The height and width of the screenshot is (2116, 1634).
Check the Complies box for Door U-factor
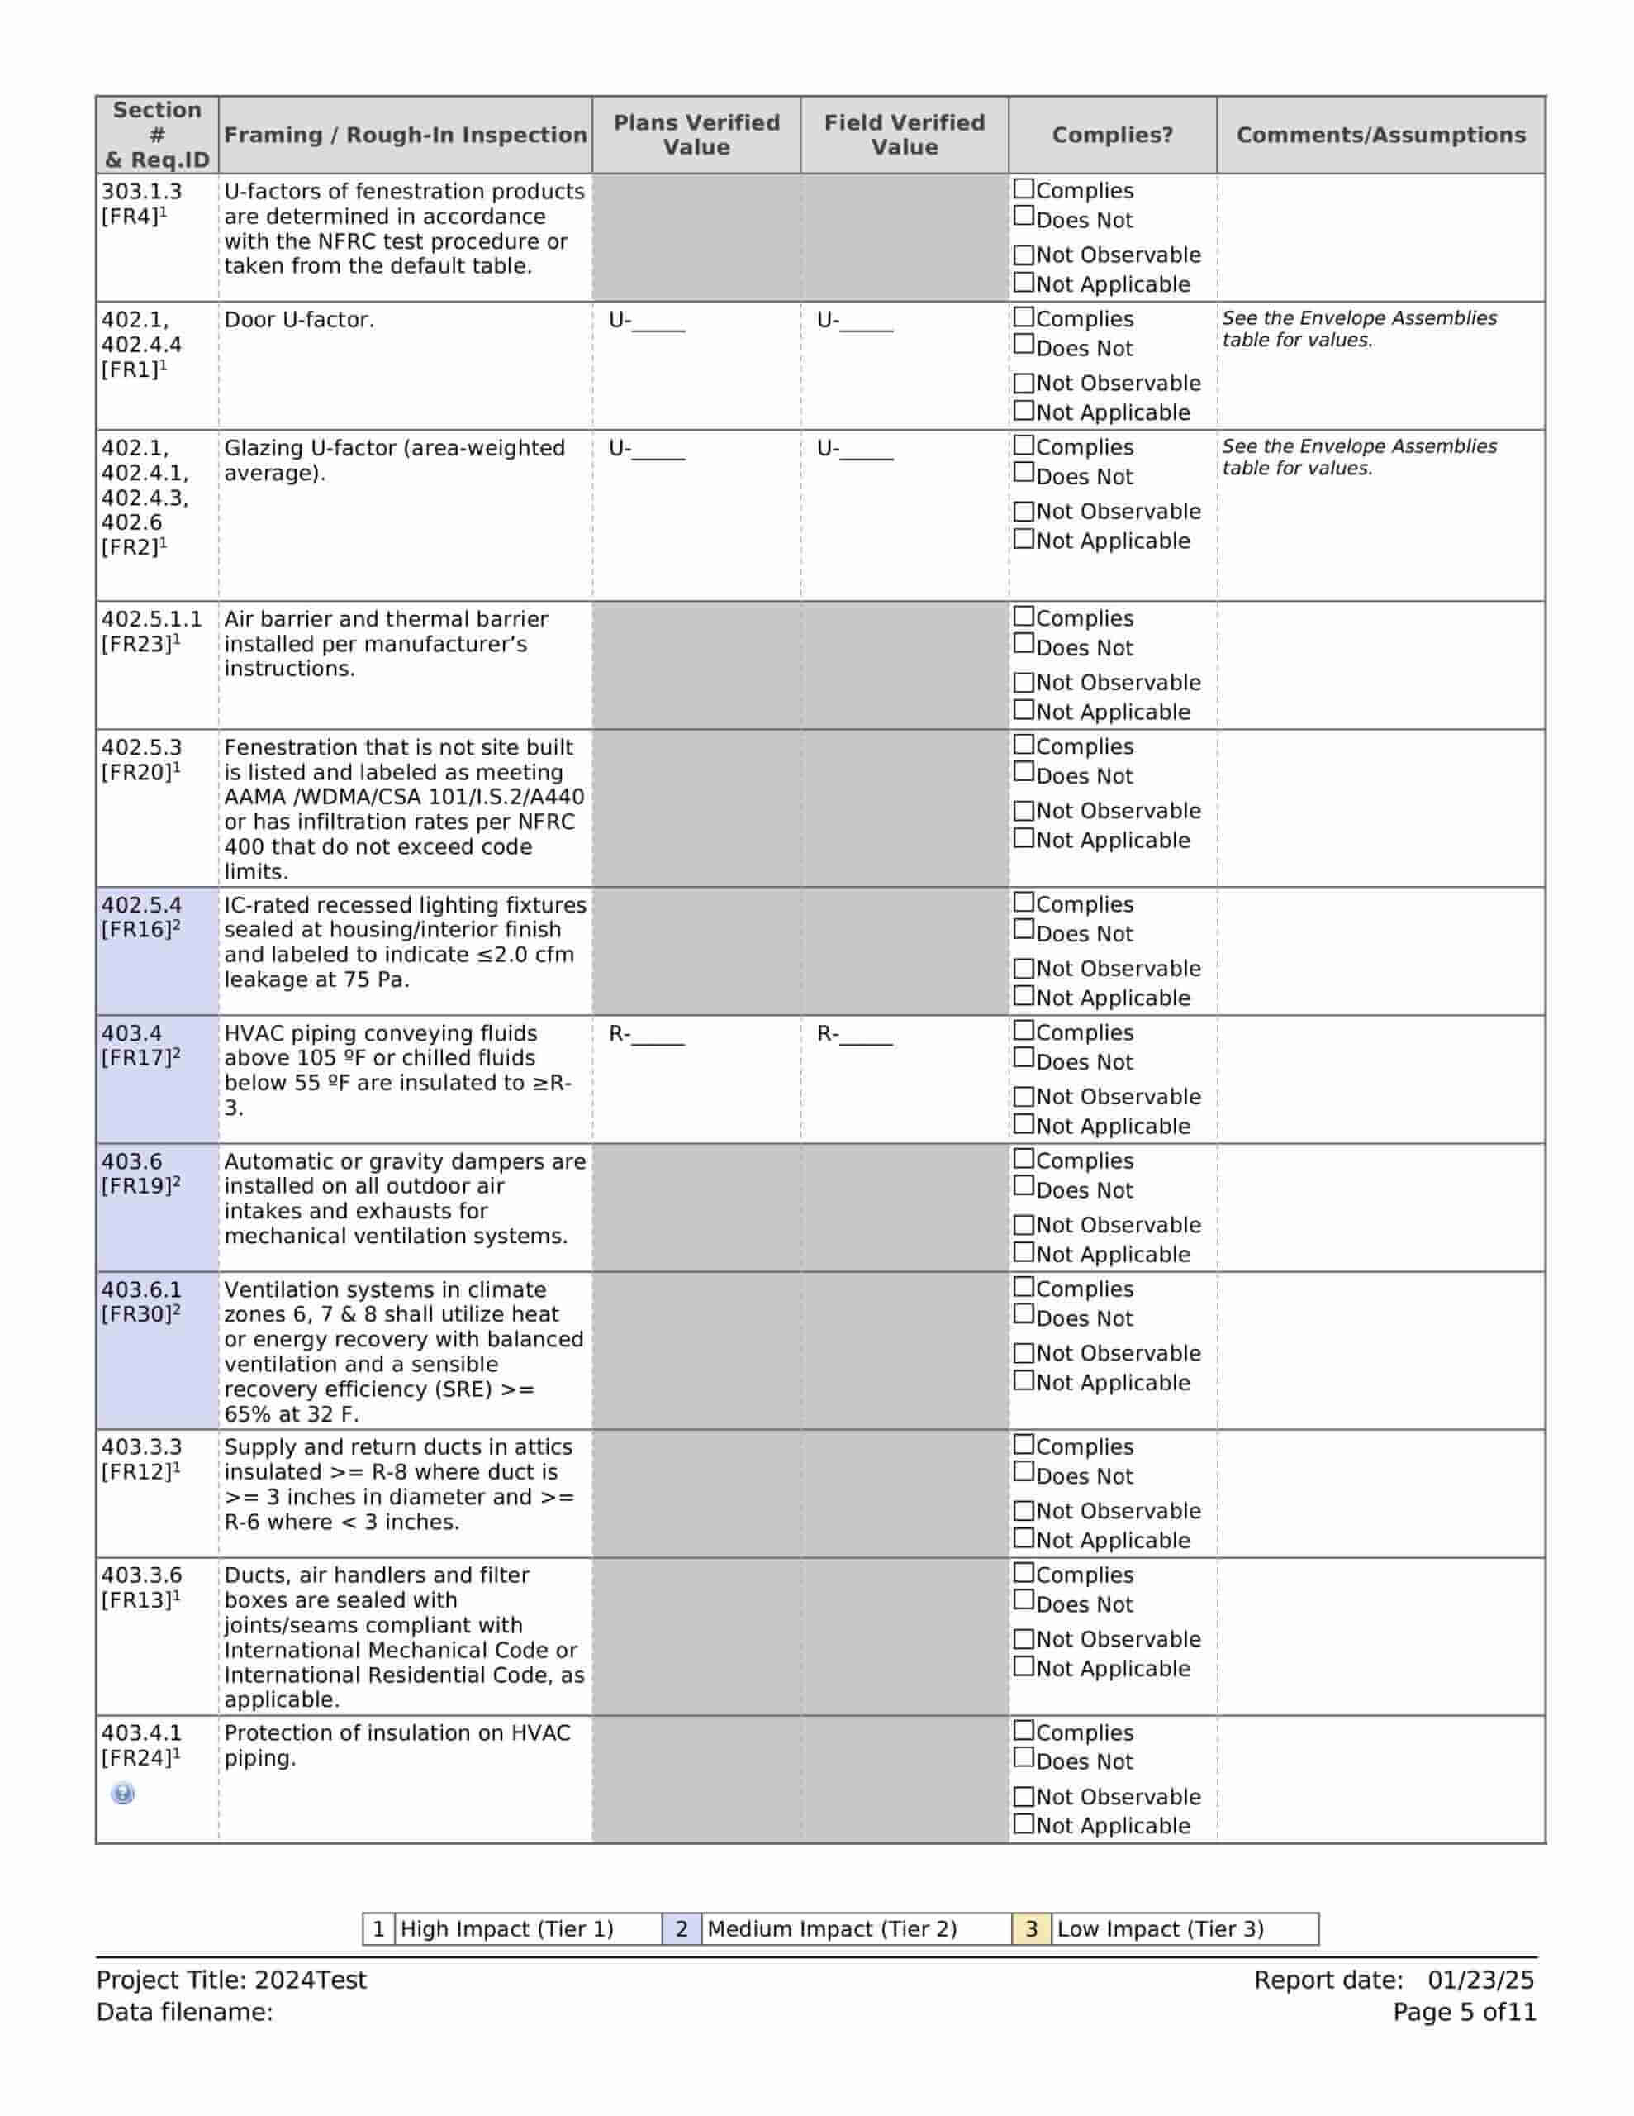click(1023, 317)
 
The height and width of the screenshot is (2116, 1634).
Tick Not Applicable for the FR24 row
click(1023, 1823)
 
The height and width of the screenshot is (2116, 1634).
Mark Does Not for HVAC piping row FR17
click(1023, 1058)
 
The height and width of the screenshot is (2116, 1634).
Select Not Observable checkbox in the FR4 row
click(1023, 255)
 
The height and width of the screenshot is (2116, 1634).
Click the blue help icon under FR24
click(122, 1794)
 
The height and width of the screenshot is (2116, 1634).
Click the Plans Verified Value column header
click(696, 135)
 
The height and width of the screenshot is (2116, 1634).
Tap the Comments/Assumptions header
click(1380, 135)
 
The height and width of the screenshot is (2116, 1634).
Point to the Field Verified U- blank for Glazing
click(866, 450)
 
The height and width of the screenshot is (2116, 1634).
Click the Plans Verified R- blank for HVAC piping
click(658, 1037)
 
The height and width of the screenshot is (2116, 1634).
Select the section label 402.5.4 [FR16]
click(141, 917)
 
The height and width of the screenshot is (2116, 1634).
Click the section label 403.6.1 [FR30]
click(141, 1301)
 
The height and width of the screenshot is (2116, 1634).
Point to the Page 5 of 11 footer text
click(1464, 2013)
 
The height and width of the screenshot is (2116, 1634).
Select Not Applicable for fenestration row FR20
click(1023, 838)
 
